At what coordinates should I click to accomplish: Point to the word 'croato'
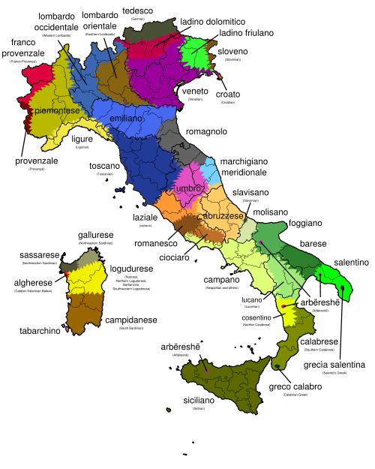227,94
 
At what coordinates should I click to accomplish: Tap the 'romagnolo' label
206,131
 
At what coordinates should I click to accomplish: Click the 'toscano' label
104,165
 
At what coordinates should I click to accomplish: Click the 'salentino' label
346,262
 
